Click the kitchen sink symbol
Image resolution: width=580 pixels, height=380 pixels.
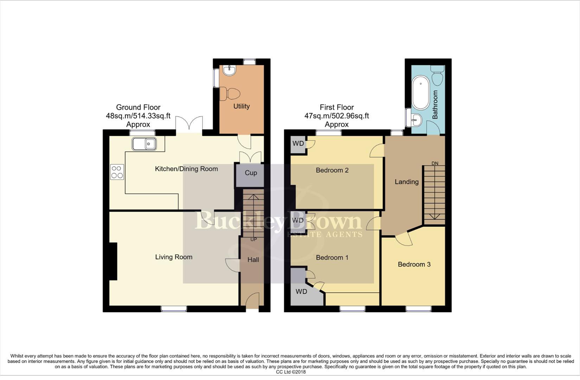pos(144,144)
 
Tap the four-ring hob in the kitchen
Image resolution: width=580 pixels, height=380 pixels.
pos(117,172)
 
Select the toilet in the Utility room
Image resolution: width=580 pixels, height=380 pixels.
pos(231,94)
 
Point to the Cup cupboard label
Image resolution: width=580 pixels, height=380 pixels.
pos(251,173)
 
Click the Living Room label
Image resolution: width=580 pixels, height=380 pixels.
pos(174,257)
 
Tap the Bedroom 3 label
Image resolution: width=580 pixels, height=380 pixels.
pos(414,264)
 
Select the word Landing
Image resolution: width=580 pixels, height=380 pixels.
pos(407,182)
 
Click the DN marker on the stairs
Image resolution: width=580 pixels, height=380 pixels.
pos(435,163)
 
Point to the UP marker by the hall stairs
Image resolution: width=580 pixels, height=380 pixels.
pos(253,239)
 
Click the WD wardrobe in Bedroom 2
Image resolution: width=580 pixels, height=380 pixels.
pos(298,144)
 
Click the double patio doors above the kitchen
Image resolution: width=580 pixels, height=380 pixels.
pos(189,125)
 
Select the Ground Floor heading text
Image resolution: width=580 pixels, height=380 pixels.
pos(138,107)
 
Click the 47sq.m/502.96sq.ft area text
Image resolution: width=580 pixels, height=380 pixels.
pos(337,116)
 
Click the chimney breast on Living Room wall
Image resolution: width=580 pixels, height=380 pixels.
pos(113,261)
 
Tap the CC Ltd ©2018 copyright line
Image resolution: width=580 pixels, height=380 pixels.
pos(291,372)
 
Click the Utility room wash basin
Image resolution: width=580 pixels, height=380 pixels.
pos(229,70)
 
